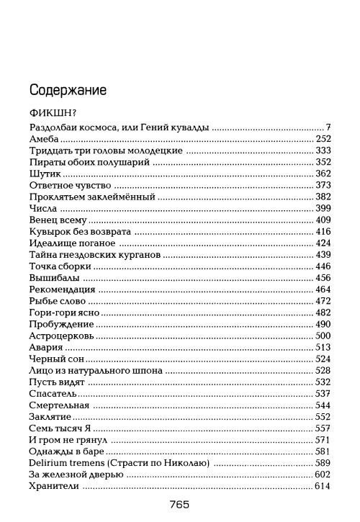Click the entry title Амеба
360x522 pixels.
click(x=42, y=139)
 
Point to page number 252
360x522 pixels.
click(x=323, y=139)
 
